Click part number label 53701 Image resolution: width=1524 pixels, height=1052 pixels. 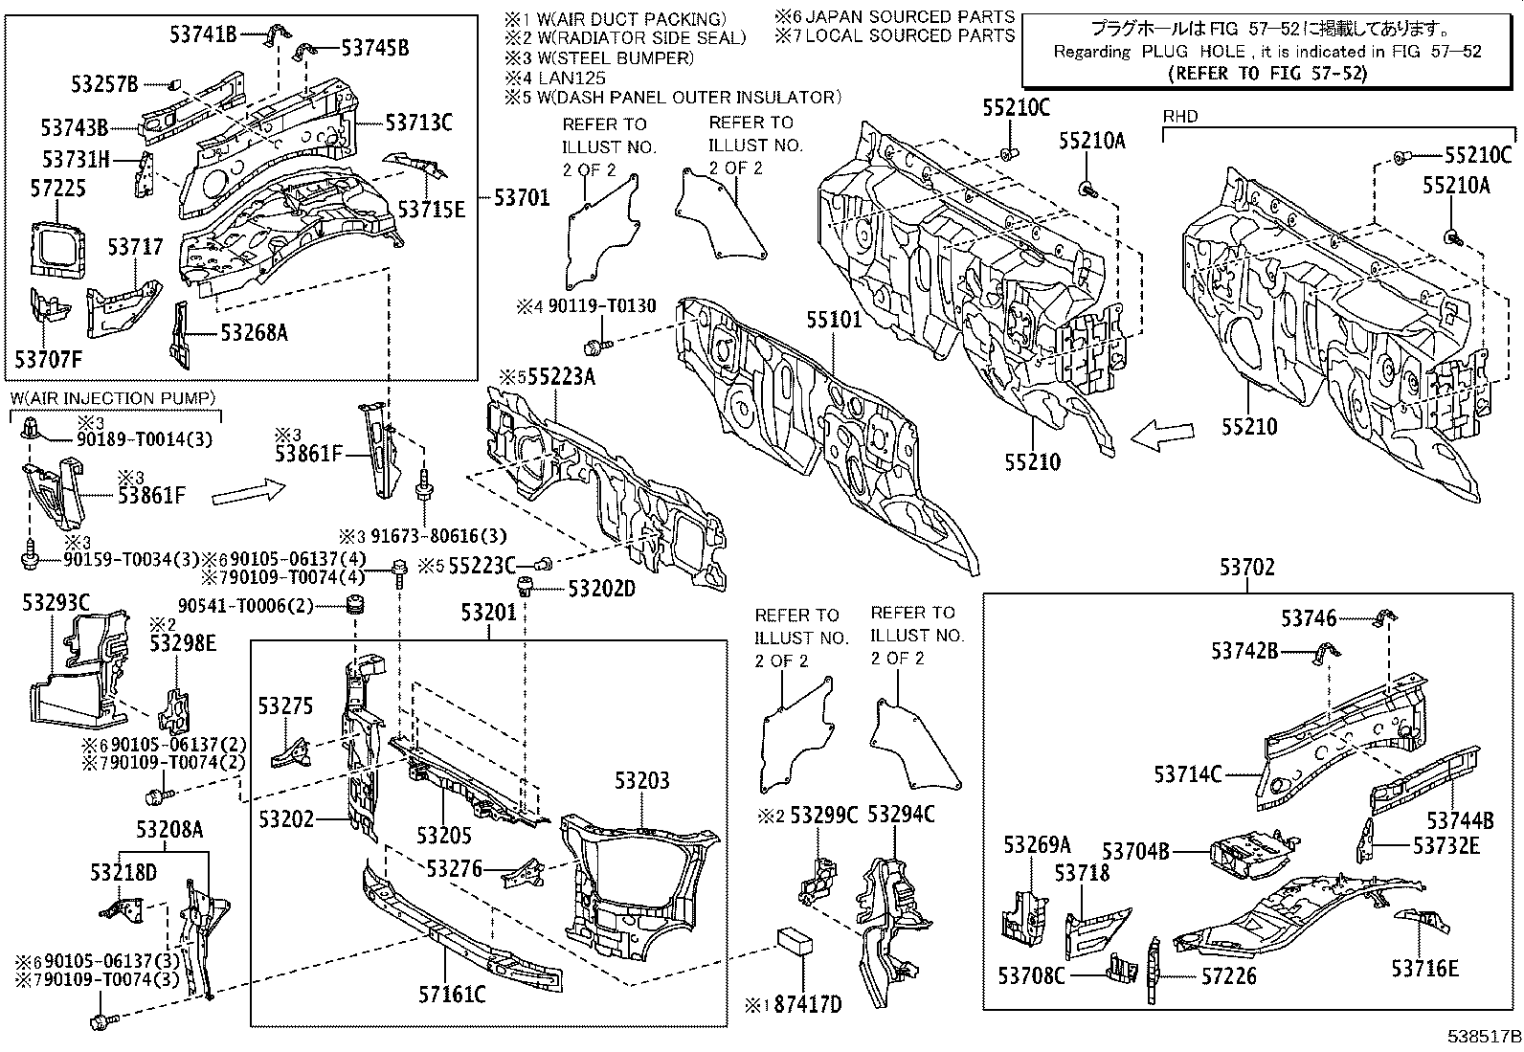[x=522, y=198]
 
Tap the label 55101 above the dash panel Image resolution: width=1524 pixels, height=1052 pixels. [x=833, y=320]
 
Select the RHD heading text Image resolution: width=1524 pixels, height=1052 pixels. [x=1179, y=117]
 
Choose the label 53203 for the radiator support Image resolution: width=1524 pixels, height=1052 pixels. [x=641, y=780]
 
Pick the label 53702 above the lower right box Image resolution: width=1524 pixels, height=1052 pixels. [x=1246, y=568]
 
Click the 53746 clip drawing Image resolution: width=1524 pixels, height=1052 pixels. [x=1384, y=618]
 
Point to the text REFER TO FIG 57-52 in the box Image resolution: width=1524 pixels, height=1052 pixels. [x=1268, y=73]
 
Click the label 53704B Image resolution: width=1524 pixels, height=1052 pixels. [x=1134, y=850]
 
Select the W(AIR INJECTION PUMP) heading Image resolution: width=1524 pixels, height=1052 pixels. [x=113, y=398]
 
